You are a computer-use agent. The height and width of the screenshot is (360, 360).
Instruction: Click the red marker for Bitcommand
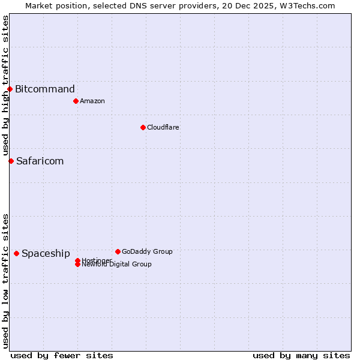[x=10, y=89]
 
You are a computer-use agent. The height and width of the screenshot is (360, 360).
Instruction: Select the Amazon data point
[x=76, y=101]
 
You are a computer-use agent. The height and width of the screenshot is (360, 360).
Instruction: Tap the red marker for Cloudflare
[x=143, y=127]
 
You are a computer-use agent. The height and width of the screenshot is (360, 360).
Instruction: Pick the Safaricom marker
[x=11, y=161]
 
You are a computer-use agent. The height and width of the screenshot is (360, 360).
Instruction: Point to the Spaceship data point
[x=16, y=253]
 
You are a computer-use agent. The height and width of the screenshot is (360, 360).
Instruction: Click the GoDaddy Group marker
[x=118, y=251]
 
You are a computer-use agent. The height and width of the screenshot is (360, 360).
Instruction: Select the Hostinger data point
[x=77, y=260]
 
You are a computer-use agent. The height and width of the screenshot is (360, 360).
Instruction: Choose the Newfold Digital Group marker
[x=77, y=265]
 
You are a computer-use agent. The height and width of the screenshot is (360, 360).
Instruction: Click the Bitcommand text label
[x=45, y=89]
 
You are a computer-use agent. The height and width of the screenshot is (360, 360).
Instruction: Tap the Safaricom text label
[x=40, y=161]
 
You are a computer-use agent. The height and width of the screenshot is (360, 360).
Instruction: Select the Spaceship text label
[x=46, y=253]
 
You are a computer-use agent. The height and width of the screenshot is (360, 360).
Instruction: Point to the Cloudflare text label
[x=163, y=127]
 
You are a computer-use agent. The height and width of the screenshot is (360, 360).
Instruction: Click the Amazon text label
[x=92, y=101]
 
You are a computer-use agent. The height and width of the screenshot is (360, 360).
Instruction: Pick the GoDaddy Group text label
[x=147, y=251]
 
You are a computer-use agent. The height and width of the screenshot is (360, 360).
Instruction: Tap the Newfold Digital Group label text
[x=117, y=265]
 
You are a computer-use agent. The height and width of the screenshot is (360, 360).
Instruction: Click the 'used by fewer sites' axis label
[x=62, y=355]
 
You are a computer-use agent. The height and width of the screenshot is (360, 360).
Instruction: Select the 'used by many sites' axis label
[x=301, y=355]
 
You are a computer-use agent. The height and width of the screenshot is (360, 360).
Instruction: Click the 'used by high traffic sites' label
[x=5, y=85]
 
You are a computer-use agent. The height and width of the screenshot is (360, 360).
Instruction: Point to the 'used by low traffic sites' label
[x=5, y=280]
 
